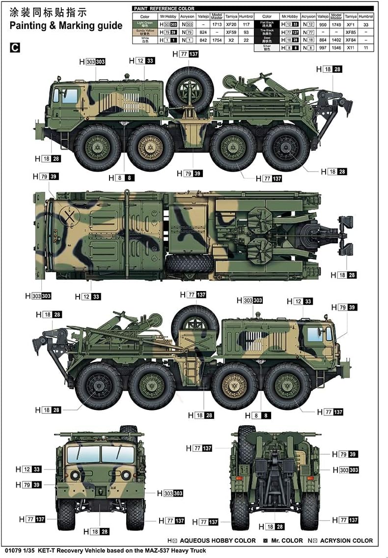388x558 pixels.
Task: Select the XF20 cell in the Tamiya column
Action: click(x=231, y=24)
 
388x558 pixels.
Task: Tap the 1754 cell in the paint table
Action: click(x=216, y=40)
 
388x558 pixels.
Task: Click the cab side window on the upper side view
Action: click(x=69, y=95)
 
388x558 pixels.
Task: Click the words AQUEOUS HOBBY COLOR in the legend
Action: click(x=218, y=540)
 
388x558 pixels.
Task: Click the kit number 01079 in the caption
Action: click(x=11, y=551)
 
